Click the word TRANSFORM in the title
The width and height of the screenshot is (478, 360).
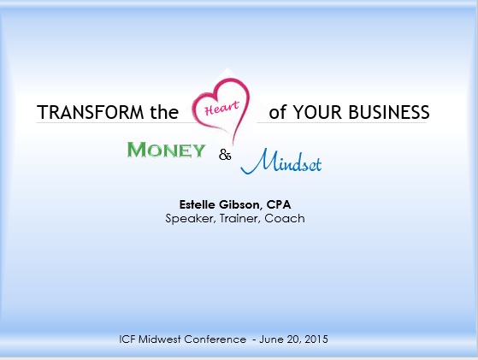(x=91, y=112)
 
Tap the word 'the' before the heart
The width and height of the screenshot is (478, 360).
(x=164, y=112)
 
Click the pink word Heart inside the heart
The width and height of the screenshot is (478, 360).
(x=222, y=108)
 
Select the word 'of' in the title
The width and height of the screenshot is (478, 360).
(x=278, y=111)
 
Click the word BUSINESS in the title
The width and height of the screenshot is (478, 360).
(x=389, y=112)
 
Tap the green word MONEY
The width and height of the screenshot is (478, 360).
(x=166, y=150)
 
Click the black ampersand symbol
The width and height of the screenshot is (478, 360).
(x=225, y=155)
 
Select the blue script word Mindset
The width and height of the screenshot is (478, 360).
(x=281, y=162)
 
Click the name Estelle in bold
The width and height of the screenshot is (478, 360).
(x=198, y=204)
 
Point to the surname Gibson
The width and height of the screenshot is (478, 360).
(x=240, y=205)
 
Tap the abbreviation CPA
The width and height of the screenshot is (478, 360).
(x=279, y=204)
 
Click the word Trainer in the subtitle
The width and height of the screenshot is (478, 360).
(x=240, y=219)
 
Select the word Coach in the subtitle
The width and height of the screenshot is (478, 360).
(x=285, y=218)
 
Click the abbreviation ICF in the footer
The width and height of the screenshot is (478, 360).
(x=127, y=339)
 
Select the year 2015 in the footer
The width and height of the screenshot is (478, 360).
(x=316, y=339)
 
